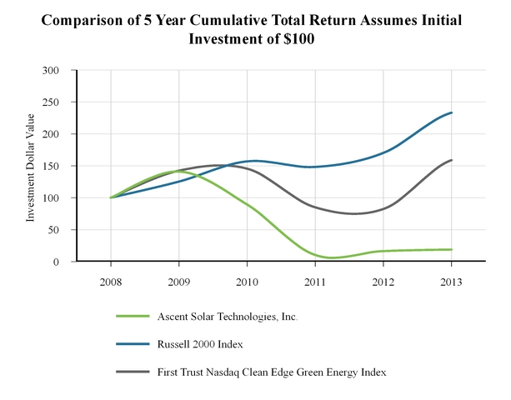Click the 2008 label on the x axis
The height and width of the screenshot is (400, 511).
point(111,281)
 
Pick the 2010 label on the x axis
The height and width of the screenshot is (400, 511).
point(247,281)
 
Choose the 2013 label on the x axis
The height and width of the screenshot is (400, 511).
point(451,281)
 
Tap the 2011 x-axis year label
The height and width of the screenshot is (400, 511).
point(315,281)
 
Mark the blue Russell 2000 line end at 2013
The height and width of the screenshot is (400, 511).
point(451,112)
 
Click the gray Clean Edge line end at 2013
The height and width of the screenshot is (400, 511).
point(451,160)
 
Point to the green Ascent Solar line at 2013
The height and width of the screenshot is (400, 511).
point(451,249)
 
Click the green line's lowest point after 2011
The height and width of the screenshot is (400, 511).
point(332,257)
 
